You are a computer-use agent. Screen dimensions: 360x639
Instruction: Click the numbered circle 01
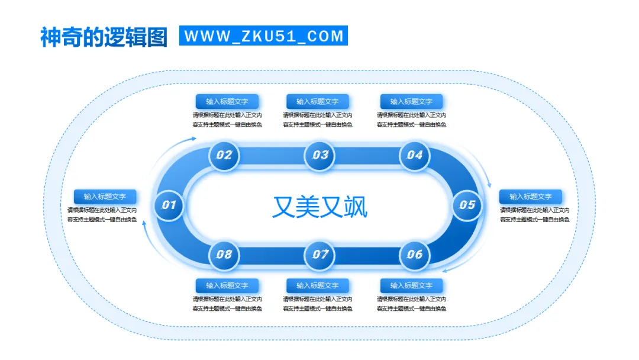169,205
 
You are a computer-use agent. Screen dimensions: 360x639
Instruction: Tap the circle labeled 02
224,156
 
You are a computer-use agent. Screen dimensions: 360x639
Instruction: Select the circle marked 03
319,156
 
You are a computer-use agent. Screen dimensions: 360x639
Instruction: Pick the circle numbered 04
414,156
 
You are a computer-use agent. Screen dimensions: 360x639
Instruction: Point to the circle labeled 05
467,205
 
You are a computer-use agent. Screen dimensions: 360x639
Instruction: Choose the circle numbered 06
414,255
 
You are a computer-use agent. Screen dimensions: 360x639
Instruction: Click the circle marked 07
319,255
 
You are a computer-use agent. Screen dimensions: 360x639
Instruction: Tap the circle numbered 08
224,255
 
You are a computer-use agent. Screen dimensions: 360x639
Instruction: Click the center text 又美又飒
319,207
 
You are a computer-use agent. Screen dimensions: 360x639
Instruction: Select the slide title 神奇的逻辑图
104,37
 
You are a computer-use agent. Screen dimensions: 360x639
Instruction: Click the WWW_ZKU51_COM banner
263,36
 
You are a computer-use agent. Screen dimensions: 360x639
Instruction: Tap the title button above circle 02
227,101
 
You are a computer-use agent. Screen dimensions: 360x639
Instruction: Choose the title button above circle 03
318,101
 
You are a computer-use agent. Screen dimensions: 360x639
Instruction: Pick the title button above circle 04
411,101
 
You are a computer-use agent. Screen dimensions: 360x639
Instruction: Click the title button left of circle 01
105,197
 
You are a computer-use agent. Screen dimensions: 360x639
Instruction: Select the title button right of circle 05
530,197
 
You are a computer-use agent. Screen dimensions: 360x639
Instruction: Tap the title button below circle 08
227,285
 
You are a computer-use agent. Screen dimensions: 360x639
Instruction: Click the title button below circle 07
318,285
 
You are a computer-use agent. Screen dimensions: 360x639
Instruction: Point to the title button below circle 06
411,285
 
